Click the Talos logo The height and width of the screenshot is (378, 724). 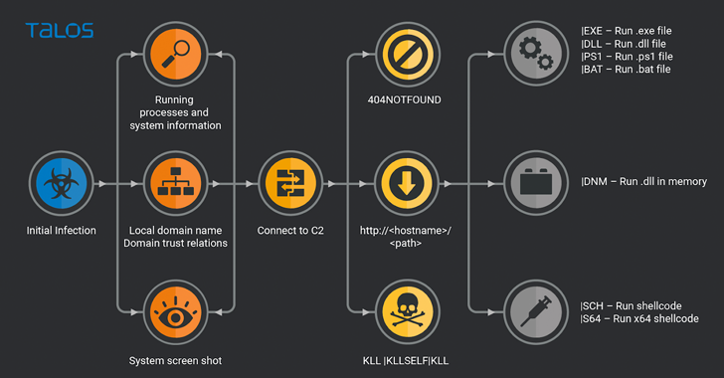pyautogui.click(x=60, y=31)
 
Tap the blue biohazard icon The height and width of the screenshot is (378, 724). pyautogui.click(x=62, y=183)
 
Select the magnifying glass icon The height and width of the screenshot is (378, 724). pyautogui.click(x=175, y=54)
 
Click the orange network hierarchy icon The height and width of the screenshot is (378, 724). pyautogui.click(x=175, y=183)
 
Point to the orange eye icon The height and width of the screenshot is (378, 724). pyautogui.click(x=175, y=312)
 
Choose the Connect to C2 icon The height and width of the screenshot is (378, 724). pyautogui.click(x=290, y=183)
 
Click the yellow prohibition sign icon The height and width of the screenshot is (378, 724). pyautogui.click(x=408, y=54)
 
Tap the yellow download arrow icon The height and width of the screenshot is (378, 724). pyautogui.click(x=407, y=183)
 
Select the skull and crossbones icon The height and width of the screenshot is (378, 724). pyautogui.click(x=408, y=312)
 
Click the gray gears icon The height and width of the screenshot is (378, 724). pyautogui.click(x=536, y=54)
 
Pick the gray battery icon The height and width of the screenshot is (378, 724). pyautogui.click(x=536, y=183)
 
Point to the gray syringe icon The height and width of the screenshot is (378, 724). pyautogui.click(x=536, y=312)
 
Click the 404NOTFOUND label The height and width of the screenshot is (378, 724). pyautogui.click(x=405, y=99)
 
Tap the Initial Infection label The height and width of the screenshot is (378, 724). pyautogui.click(x=62, y=230)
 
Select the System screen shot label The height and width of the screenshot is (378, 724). pyautogui.click(x=175, y=361)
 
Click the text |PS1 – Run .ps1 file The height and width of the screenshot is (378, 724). pyautogui.click(x=627, y=57)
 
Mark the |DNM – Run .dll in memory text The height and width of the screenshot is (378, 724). pyautogui.click(x=643, y=182)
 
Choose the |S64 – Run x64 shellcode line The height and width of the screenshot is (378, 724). pyautogui.click(x=639, y=318)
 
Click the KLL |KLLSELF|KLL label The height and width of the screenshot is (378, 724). pyautogui.click(x=406, y=361)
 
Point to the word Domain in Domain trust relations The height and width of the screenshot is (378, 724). pyautogui.click(x=139, y=243)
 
